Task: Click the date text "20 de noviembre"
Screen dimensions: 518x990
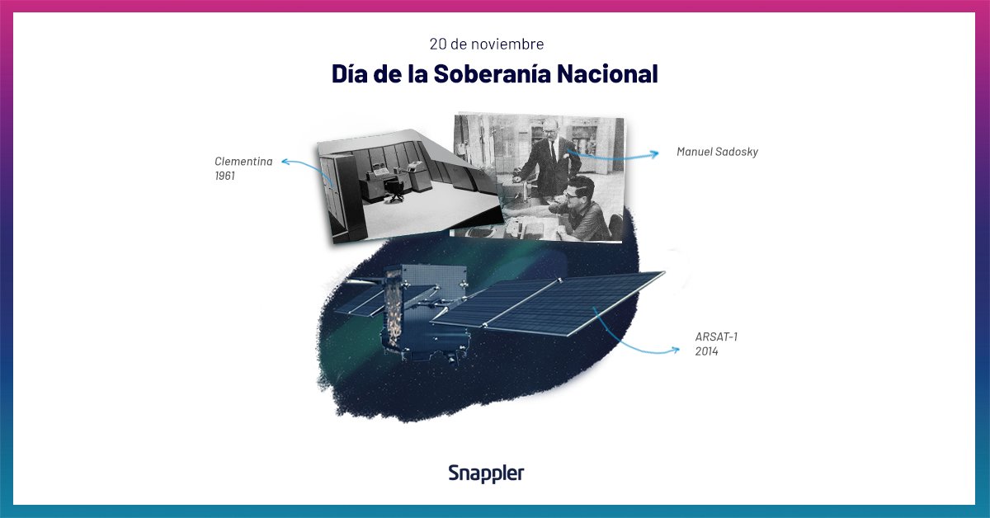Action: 486,44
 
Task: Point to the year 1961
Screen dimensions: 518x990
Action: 225,176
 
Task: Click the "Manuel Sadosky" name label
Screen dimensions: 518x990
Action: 717,152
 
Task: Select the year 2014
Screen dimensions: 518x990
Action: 706,351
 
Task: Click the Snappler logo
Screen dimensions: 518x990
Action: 486,473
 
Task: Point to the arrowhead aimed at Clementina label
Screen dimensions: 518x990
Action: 285,162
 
